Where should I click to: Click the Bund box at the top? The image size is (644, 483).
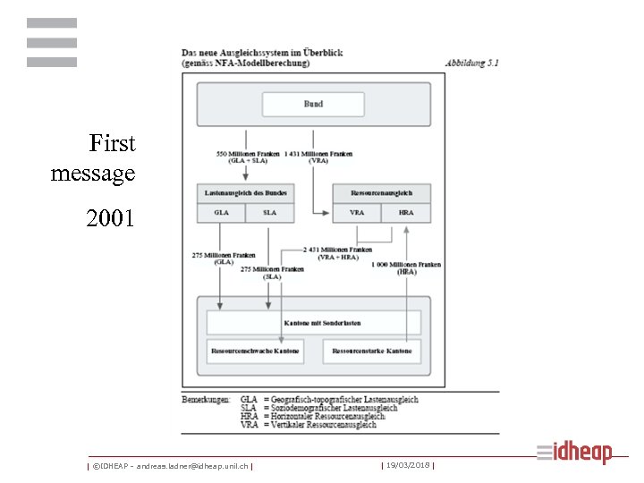coord(313,105)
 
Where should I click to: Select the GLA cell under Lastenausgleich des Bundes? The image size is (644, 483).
coord(221,213)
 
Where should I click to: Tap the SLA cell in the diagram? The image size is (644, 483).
coord(270,213)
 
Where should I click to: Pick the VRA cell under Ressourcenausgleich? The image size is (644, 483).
coord(357,213)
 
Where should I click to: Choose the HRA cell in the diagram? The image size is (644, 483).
coord(406,213)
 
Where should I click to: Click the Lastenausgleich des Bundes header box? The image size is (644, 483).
coord(245,193)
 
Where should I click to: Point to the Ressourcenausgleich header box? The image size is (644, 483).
coord(381,193)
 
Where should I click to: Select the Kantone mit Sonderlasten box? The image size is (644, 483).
coord(314,323)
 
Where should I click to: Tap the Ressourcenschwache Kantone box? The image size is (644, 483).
coord(255,351)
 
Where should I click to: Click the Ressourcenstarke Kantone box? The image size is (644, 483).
coord(372,351)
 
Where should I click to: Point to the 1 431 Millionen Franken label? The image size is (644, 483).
coord(318,154)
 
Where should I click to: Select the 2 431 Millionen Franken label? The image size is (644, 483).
coord(337,250)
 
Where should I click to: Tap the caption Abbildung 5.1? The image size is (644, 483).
coord(472,63)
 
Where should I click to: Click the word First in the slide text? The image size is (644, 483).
coord(112,143)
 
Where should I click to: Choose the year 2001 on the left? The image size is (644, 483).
coord(110,217)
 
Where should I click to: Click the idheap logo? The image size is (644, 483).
coord(577,453)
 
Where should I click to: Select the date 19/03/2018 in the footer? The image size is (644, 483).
coord(407,465)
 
